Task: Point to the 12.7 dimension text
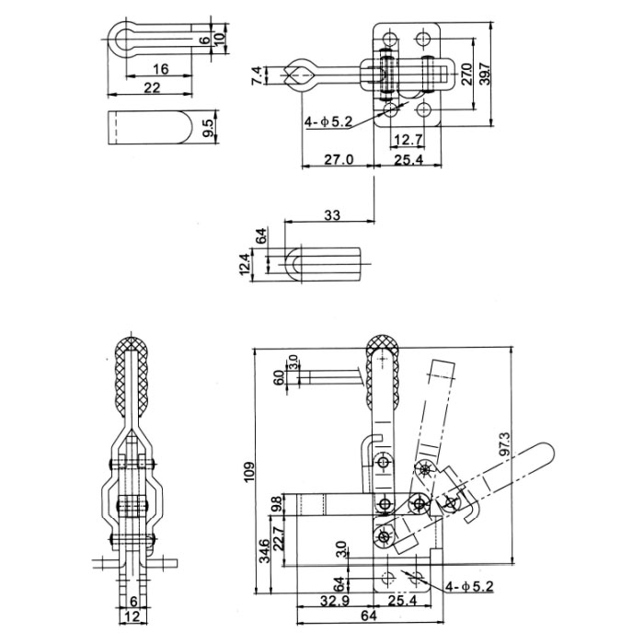[x=407, y=140]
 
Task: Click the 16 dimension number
[x=160, y=69]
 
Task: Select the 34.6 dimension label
[x=264, y=552]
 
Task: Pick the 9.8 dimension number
[x=279, y=505]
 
